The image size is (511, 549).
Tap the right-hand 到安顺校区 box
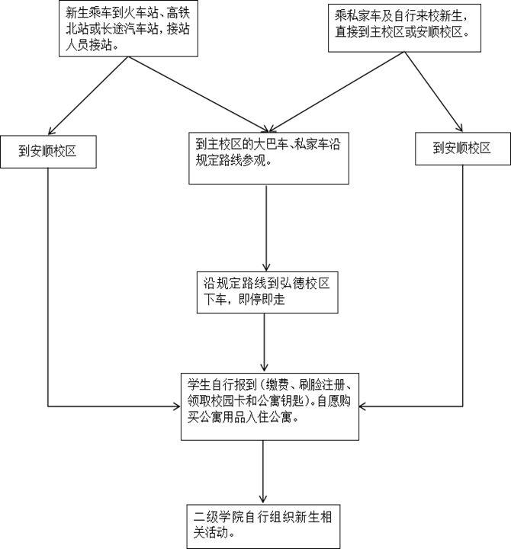click(463, 148)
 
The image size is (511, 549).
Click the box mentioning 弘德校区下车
click(265, 291)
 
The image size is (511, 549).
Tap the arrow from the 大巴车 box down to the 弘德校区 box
click(265, 225)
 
